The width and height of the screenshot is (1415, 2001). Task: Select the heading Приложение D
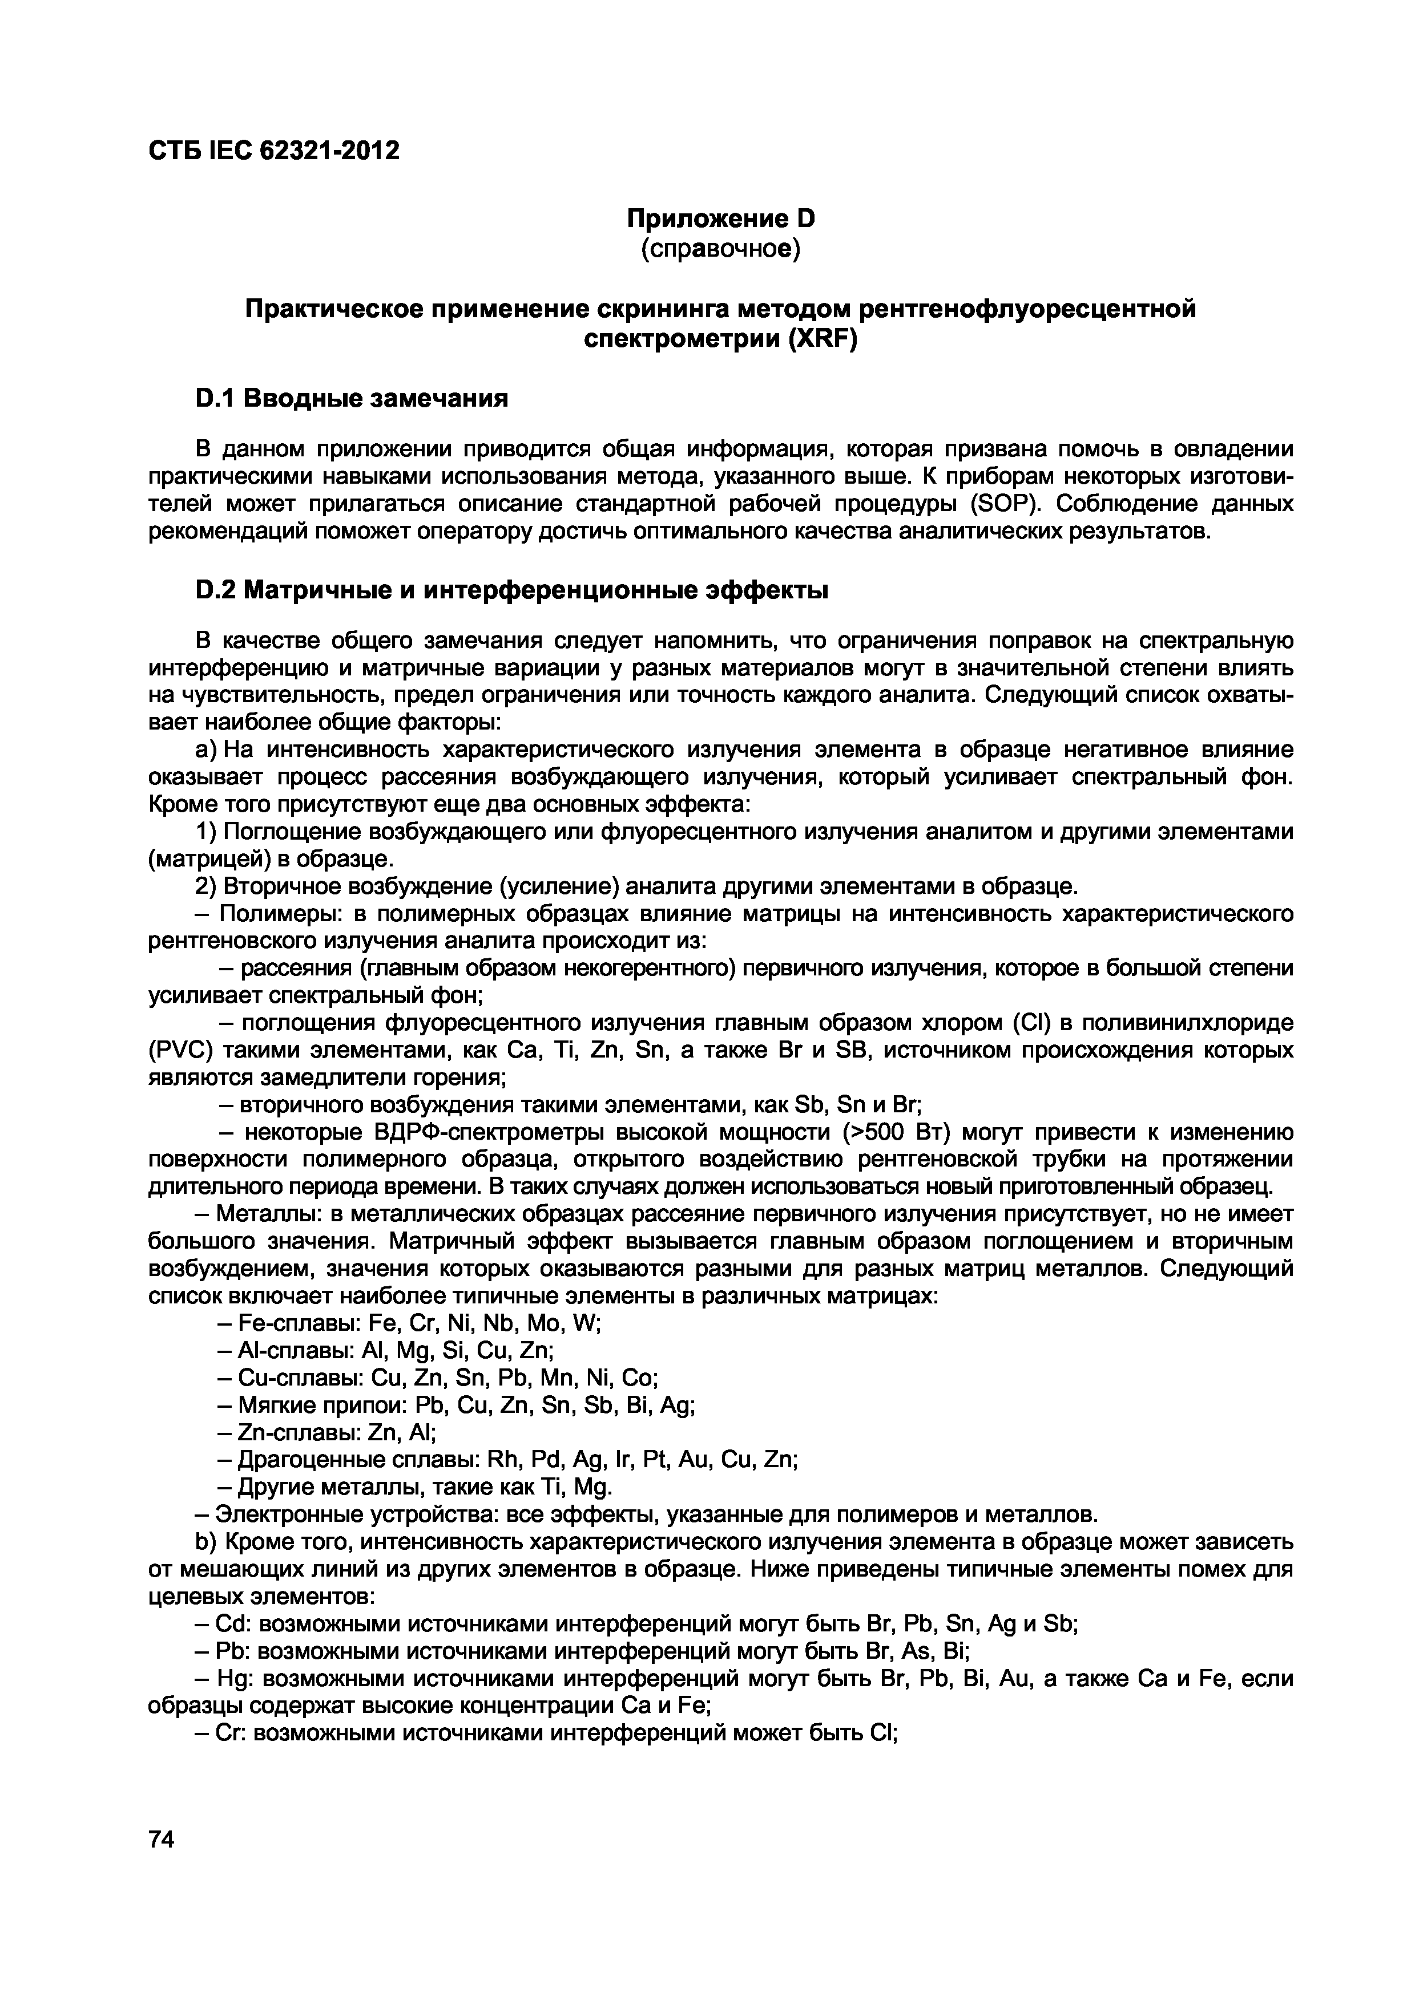pos(721,218)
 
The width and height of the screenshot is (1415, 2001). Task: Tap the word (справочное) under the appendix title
pos(721,248)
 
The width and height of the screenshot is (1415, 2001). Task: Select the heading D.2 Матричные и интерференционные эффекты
pos(511,590)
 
